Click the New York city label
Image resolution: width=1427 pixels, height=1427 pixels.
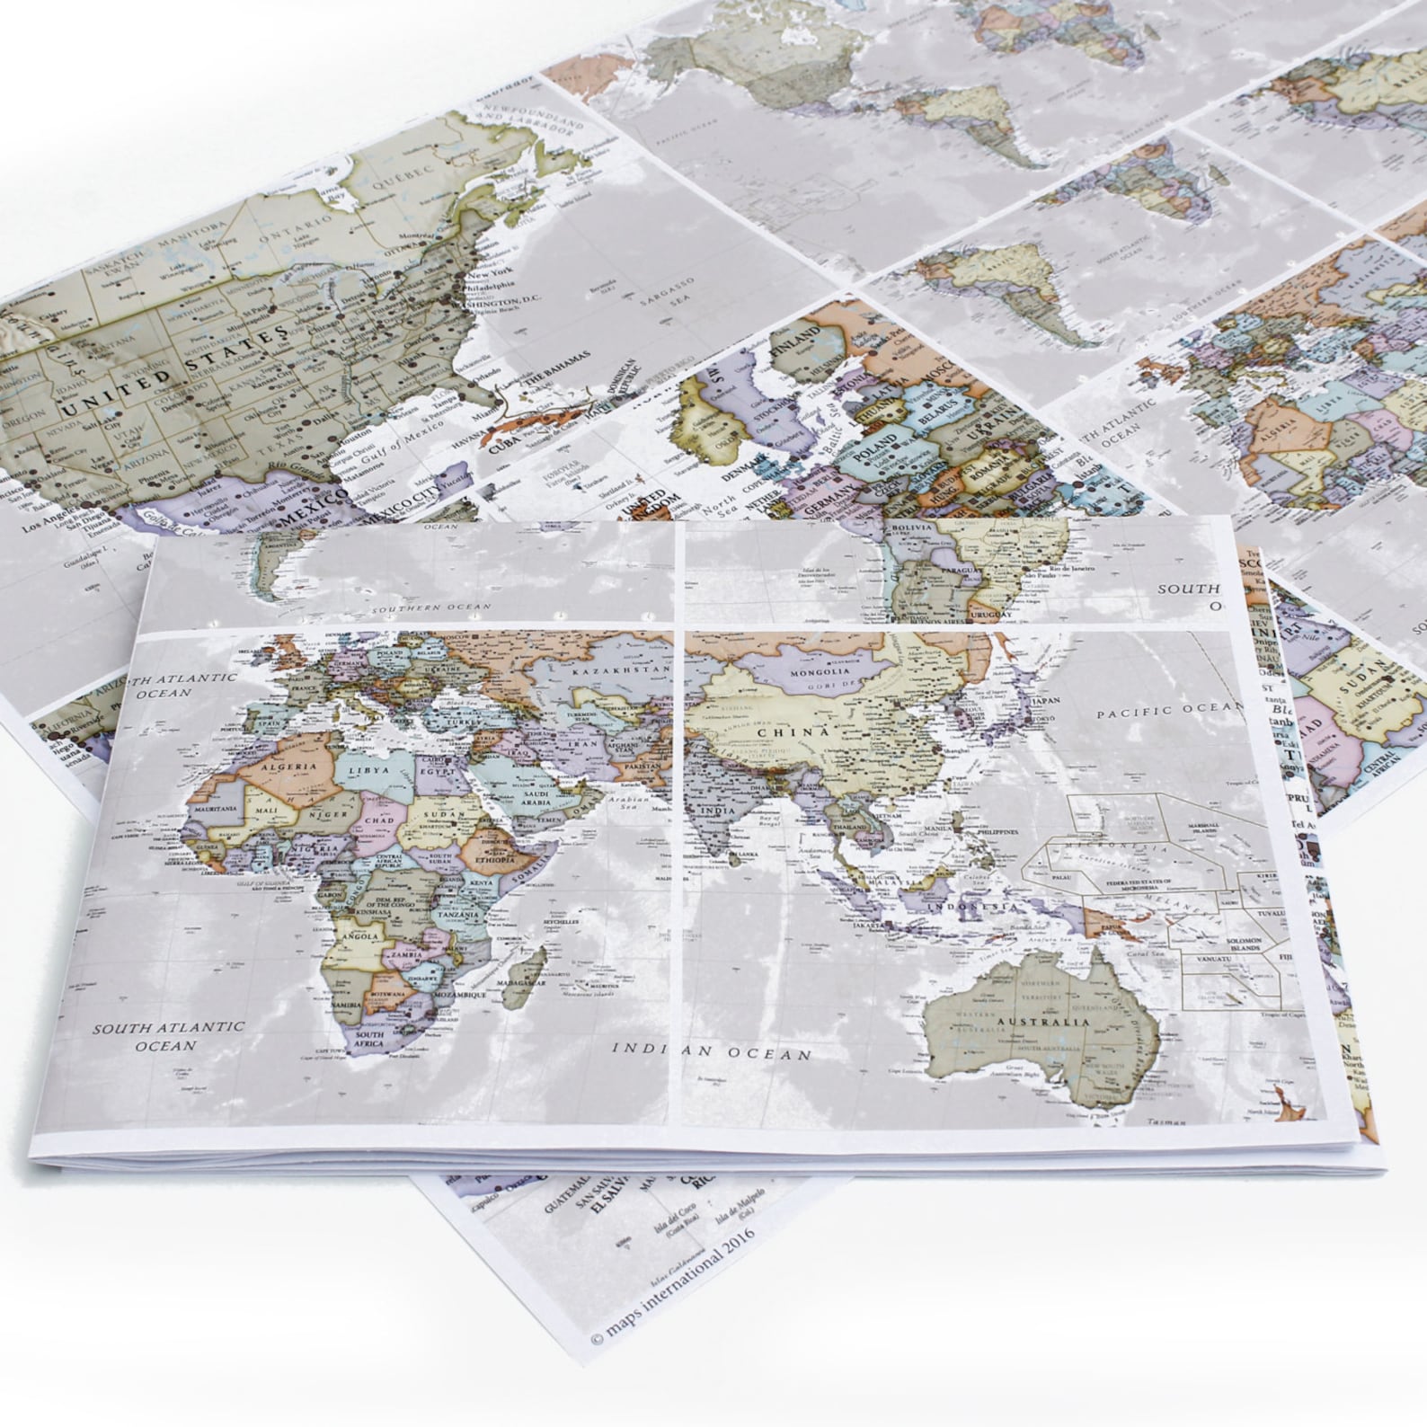tap(491, 270)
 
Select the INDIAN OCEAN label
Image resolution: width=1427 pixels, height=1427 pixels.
tap(712, 1050)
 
